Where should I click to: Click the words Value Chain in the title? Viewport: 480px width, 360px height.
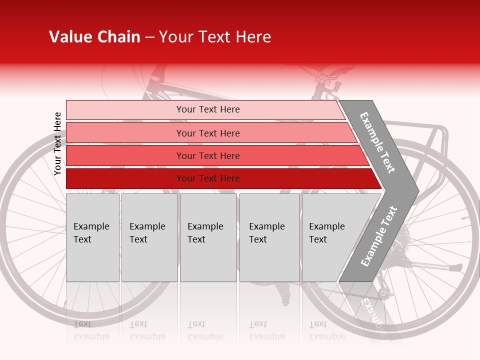point(94,37)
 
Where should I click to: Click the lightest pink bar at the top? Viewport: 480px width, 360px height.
point(205,109)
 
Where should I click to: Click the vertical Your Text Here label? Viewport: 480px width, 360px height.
point(58,144)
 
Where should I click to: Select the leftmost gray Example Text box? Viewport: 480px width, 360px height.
point(92,237)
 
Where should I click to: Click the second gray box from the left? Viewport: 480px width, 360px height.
point(149,237)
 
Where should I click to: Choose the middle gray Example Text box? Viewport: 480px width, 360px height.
point(208,237)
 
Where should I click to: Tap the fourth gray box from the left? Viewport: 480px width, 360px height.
point(269,237)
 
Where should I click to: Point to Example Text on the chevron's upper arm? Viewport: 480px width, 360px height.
point(377,142)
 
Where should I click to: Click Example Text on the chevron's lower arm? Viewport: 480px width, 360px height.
point(379,236)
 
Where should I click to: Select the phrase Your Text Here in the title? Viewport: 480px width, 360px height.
point(215,37)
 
